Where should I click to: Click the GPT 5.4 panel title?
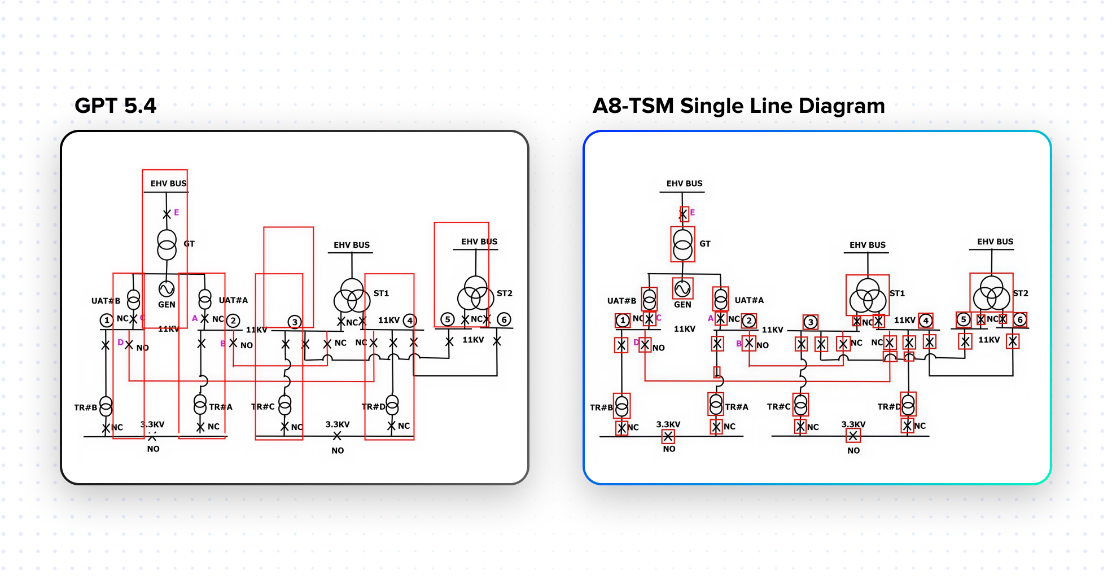(115, 106)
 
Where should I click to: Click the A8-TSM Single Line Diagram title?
(738, 106)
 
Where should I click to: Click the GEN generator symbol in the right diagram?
(682, 289)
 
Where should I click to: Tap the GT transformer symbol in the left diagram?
(167, 245)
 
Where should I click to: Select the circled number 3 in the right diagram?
(811, 322)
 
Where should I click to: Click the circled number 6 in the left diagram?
(504, 319)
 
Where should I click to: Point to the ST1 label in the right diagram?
(897, 293)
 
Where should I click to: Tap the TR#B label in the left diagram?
(86, 407)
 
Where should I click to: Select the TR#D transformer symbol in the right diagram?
(908, 405)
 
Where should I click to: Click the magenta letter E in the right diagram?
(693, 213)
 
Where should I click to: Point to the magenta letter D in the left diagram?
(120, 343)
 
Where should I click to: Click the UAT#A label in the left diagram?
(233, 300)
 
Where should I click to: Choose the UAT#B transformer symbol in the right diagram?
(650, 299)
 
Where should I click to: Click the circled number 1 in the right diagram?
(622, 321)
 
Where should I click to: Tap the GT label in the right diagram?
(705, 244)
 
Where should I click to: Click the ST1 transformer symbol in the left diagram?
(352, 295)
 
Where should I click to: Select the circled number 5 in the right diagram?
(964, 319)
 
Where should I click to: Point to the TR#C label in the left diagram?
(263, 407)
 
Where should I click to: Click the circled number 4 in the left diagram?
(410, 321)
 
